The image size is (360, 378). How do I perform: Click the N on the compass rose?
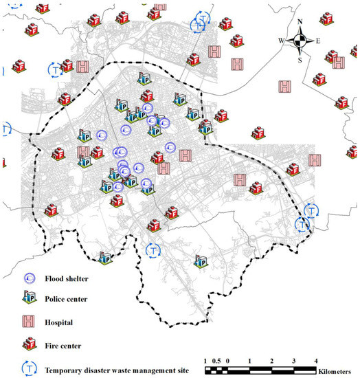(x=300, y=23)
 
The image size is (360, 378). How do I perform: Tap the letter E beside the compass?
(x=317, y=41)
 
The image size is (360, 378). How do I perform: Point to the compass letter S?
(x=300, y=58)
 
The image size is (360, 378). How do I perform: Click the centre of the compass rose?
(x=300, y=41)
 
